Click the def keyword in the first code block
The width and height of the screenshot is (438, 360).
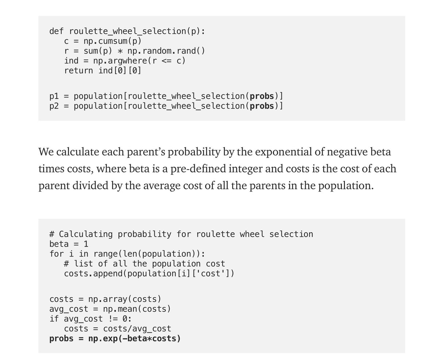coord(57,31)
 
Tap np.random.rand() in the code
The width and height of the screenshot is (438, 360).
coord(166,51)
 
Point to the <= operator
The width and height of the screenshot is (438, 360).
coord(166,61)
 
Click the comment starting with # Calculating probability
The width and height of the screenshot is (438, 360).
coord(181,234)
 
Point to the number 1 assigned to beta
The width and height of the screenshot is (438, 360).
coord(86,244)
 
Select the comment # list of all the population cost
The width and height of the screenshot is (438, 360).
coord(145,264)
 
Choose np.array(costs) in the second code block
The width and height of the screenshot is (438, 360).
coord(124,299)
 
